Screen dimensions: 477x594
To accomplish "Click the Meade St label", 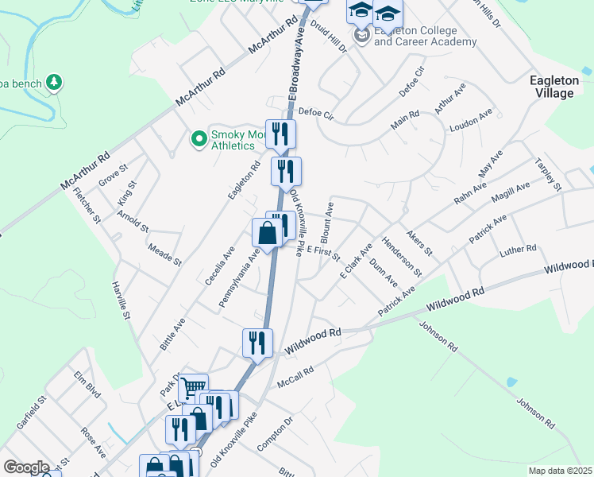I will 165,254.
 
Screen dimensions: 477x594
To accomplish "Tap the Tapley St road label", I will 548,176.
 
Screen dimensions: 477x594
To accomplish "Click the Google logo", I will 26,467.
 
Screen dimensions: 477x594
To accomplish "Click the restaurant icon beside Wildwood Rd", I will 257,343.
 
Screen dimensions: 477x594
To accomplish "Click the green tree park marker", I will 54,81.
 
